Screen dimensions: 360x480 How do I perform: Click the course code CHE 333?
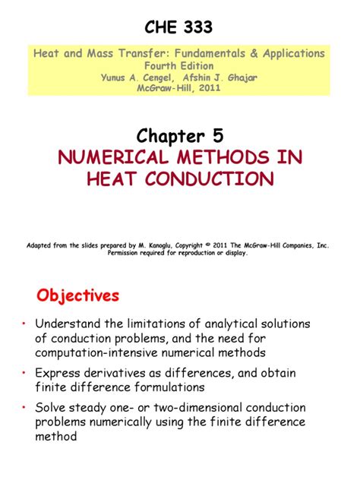(x=178, y=28)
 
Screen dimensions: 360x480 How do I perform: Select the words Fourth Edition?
(x=179, y=65)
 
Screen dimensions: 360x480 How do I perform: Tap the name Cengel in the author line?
(x=158, y=76)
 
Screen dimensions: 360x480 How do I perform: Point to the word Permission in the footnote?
(x=128, y=254)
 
